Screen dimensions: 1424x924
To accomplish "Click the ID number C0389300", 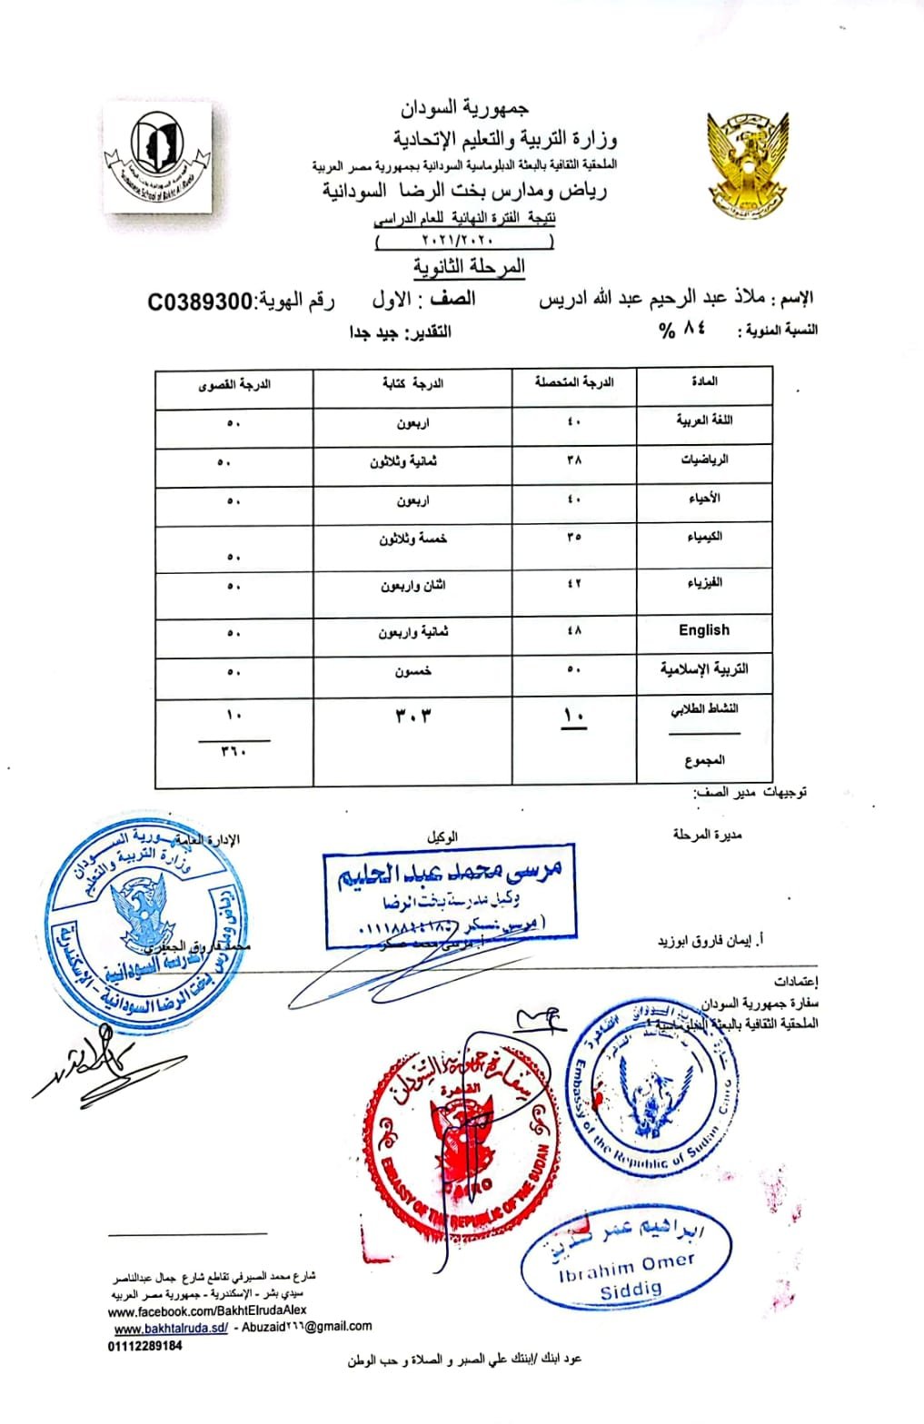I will (x=199, y=302).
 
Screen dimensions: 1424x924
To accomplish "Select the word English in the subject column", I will (x=704, y=630).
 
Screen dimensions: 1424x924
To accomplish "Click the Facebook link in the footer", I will (x=206, y=1310).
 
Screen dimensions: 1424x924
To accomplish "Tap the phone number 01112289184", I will (x=144, y=1346).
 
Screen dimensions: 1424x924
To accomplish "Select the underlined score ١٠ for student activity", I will (x=574, y=716).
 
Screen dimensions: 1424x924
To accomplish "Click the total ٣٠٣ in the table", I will (x=412, y=716).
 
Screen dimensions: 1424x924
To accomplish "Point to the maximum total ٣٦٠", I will (x=234, y=751).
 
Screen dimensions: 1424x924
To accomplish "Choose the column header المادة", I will (x=704, y=381).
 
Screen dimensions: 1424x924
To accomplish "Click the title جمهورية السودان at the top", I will (x=464, y=108).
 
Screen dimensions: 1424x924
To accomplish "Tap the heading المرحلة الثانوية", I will (x=469, y=267).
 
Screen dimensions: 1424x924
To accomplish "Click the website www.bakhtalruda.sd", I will (x=171, y=1328).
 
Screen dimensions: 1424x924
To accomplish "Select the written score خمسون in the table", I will (x=412, y=672).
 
